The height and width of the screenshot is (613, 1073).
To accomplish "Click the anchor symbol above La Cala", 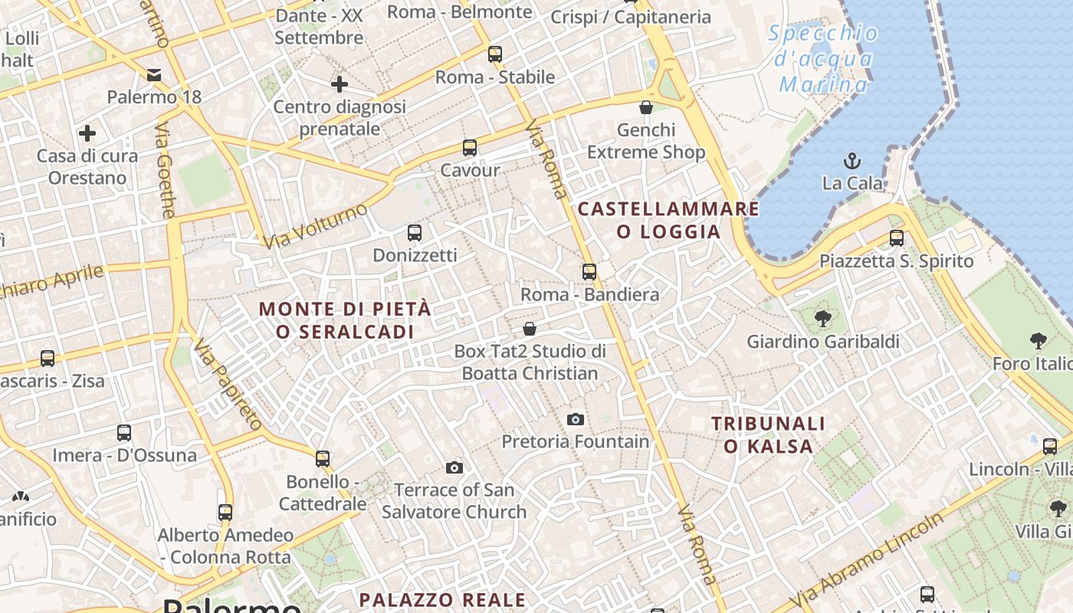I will pos(852,161).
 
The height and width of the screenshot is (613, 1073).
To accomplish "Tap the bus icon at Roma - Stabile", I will pos(495,54).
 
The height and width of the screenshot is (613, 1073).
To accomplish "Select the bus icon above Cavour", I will pos(470,148).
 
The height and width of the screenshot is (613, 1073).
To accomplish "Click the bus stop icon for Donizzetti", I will pos(415,233).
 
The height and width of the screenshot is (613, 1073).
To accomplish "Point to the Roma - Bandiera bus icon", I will pos(589,272).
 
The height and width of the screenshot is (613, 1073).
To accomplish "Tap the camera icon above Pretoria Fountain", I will pos(576,419).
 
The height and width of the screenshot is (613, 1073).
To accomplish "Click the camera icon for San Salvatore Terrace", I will pos(454,467).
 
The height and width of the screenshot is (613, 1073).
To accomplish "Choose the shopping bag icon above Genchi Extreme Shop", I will pos(646,107).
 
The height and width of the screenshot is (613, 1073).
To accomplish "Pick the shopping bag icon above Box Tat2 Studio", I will pos(530,329).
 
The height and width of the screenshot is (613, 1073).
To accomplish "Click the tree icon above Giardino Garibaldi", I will pos(823,318).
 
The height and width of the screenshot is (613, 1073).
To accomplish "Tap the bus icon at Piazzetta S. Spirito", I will pos(897,238).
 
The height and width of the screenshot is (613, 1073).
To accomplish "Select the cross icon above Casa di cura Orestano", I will pos(87,133).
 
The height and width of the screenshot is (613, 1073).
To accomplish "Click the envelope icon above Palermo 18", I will pos(154,74).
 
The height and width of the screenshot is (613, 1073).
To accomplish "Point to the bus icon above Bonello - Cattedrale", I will pos(323,459).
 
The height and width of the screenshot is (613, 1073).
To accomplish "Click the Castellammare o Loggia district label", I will pos(668,220).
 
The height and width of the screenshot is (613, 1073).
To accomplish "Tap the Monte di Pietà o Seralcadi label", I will pos(345,320).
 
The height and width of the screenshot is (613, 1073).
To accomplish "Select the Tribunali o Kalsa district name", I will pos(768,434).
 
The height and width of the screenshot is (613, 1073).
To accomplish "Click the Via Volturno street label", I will pos(315,225).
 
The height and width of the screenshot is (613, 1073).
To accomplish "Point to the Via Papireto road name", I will pos(228,384).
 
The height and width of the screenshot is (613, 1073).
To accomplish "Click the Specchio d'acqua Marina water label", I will pos(824,58).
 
